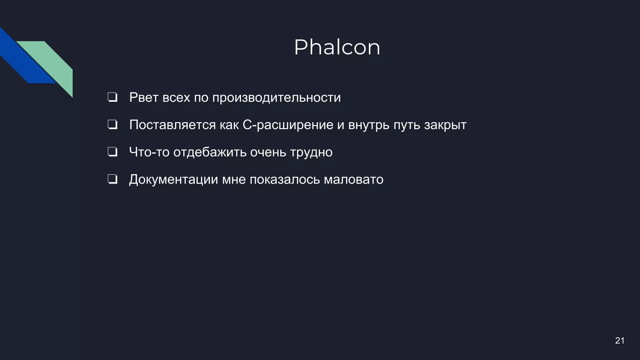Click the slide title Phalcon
[337, 47]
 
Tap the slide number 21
[620, 341]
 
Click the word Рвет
[144, 97]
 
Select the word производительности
[277, 97]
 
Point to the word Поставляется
[172, 125]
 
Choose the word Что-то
[149, 152]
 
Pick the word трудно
[311, 152]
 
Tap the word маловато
[353, 180]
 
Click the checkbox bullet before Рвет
[112, 97]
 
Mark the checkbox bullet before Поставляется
[112, 125]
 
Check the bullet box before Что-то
[112, 152]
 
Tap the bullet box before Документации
[112, 180]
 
